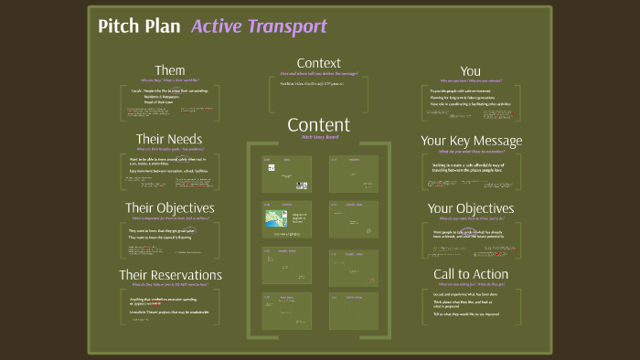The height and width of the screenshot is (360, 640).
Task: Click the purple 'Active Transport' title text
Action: (x=259, y=26)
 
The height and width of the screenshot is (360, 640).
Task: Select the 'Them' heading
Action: (x=170, y=70)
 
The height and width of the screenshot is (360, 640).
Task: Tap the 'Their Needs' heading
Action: (x=169, y=139)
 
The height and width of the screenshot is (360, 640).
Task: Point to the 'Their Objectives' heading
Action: (x=170, y=207)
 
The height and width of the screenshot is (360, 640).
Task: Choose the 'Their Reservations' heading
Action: (x=170, y=275)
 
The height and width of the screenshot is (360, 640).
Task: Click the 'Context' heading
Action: (x=318, y=62)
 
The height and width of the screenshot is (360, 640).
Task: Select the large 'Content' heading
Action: (x=318, y=124)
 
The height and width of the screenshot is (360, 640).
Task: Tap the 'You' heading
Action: (x=470, y=70)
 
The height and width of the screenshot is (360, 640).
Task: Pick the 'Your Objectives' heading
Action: (x=471, y=208)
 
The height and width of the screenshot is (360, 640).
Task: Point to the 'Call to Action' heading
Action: (x=471, y=275)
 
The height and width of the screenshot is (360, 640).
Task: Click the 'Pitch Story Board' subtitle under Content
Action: (x=318, y=138)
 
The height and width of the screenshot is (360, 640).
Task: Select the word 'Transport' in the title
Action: (x=287, y=26)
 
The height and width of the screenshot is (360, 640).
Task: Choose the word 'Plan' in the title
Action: (x=163, y=26)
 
